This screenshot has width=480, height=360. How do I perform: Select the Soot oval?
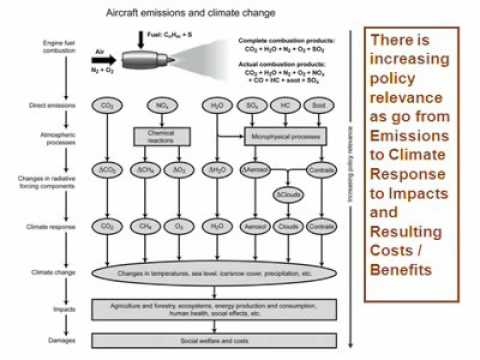pos(319,104)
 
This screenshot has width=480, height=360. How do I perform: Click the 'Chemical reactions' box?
pos(161,133)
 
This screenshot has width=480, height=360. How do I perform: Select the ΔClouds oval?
pos(287,192)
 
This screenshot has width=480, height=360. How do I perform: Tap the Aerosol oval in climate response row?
pos(254,228)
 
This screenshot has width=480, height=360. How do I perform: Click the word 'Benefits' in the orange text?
pos(398,271)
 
